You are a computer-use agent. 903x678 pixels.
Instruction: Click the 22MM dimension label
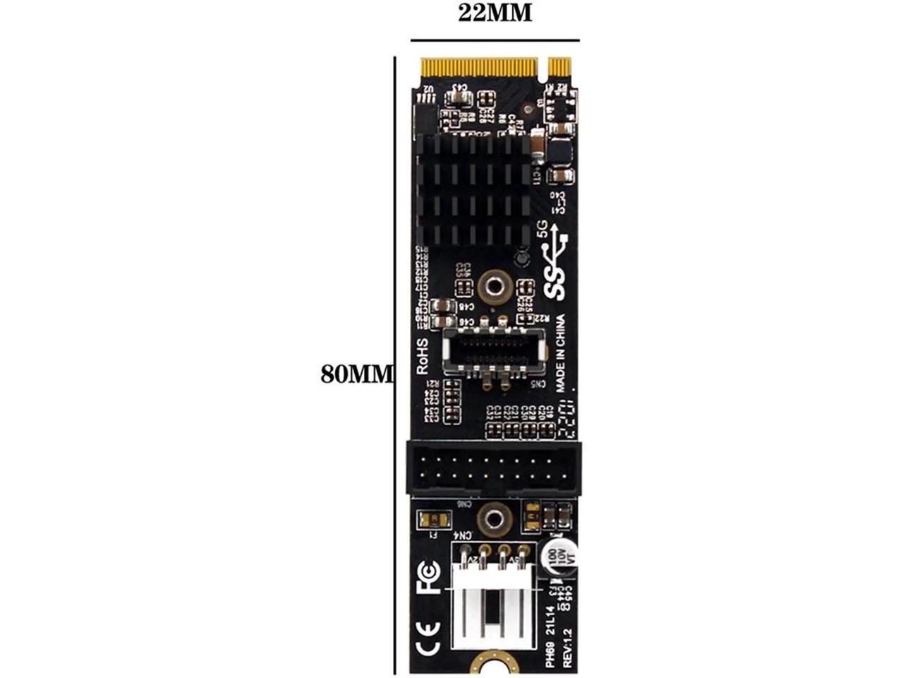click(x=495, y=13)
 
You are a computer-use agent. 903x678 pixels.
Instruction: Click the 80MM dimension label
click(x=355, y=374)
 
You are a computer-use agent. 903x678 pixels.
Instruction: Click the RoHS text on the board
click(x=423, y=356)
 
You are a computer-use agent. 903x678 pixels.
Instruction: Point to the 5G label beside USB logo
click(x=543, y=227)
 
